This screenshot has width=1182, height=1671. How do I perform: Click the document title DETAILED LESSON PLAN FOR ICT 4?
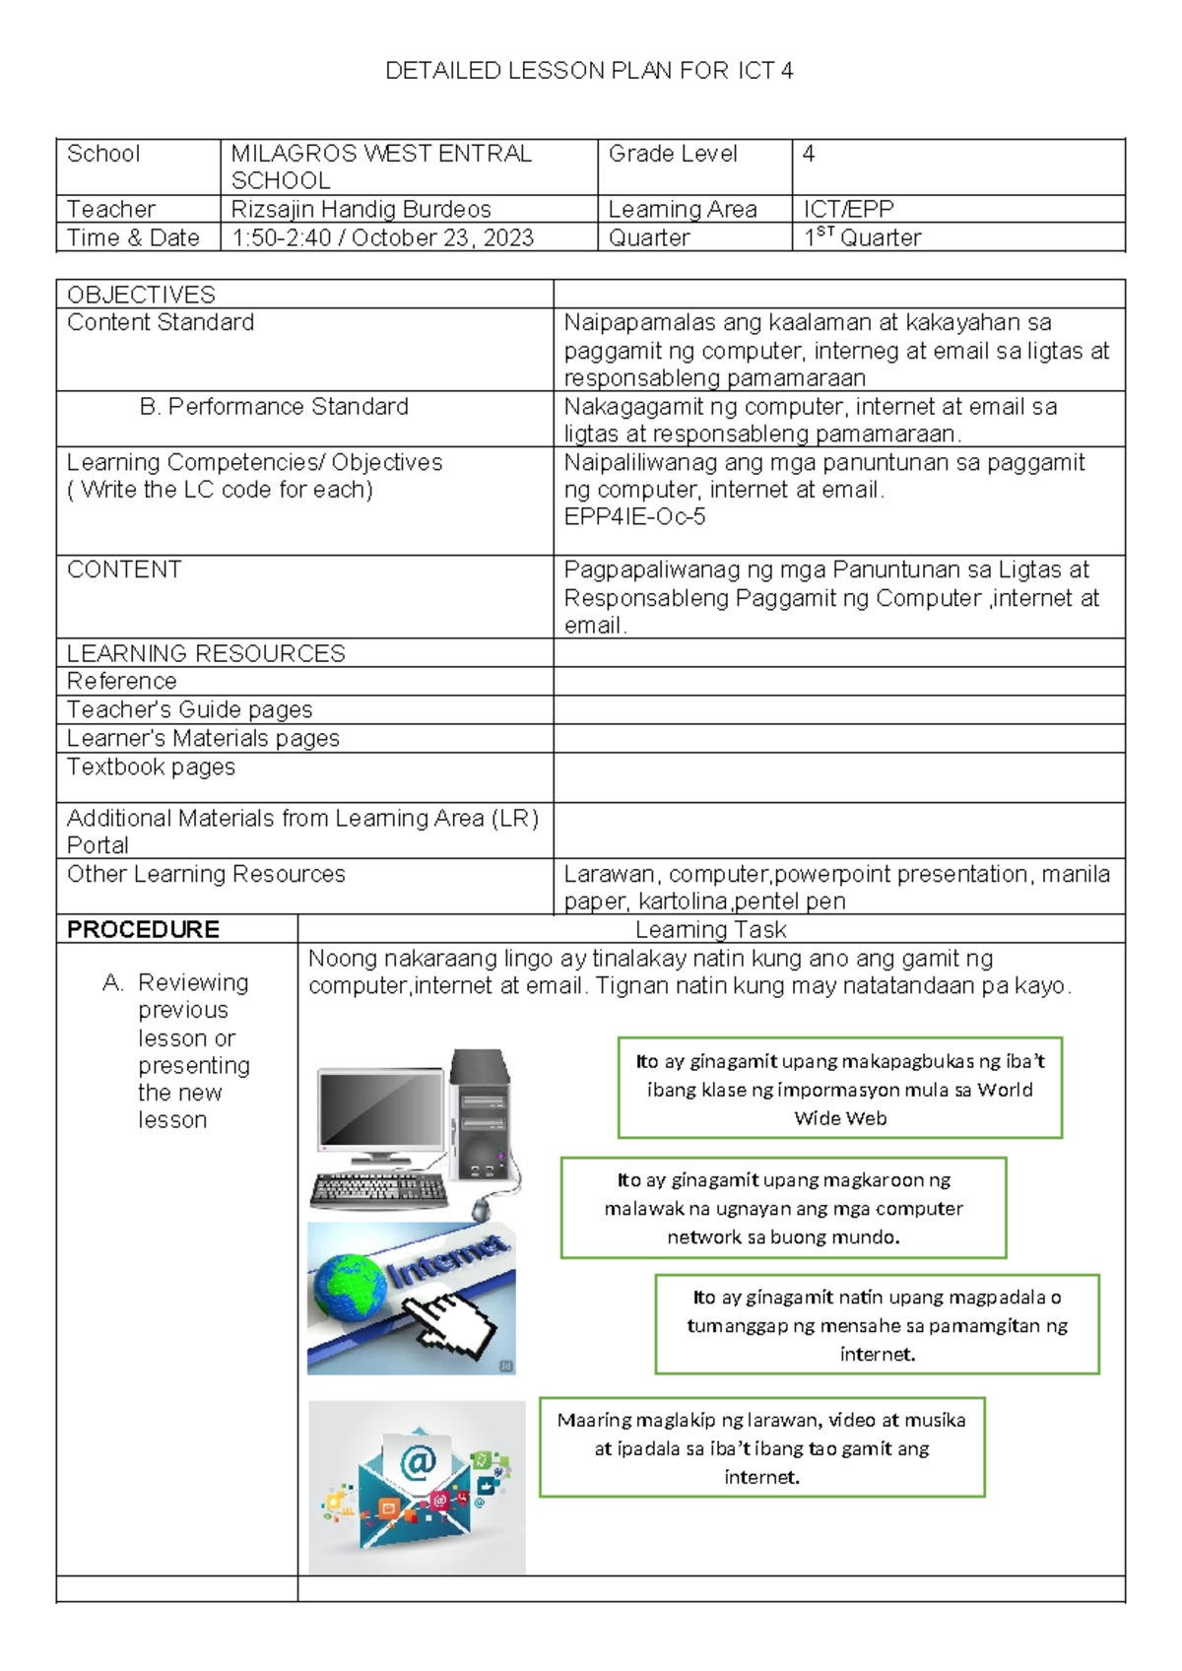tap(589, 71)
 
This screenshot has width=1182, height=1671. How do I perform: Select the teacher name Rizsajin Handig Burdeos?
tap(361, 210)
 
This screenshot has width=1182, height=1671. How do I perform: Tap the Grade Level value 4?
tap(809, 154)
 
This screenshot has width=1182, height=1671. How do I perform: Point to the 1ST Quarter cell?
tap(863, 238)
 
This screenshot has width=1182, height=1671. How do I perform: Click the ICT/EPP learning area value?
tap(848, 210)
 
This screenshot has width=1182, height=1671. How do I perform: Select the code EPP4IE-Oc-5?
tap(634, 517)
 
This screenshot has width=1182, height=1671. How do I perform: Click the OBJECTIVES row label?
tap(141, 295)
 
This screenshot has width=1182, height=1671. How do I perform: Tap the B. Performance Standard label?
tap(274, 407)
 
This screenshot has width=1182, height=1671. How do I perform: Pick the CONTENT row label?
tap(124, 569)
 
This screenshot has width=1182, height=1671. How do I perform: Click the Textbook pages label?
tap(151, 768)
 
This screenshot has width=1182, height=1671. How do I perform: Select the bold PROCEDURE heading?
tap(143, 929)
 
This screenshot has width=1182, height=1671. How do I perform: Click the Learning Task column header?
tap(710, 929)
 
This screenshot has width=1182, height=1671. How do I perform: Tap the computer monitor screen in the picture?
tap(381, 1107)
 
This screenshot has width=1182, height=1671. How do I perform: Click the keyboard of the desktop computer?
tap(379, 1190)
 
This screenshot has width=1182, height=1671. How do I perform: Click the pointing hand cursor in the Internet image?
tap(452, 1325)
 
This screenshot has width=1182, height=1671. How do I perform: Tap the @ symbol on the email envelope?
tap(418, 1462)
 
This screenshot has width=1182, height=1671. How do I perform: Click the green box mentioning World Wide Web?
tap(839, 1089)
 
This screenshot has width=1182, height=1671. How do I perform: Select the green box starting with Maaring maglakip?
tap(761, 1447)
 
